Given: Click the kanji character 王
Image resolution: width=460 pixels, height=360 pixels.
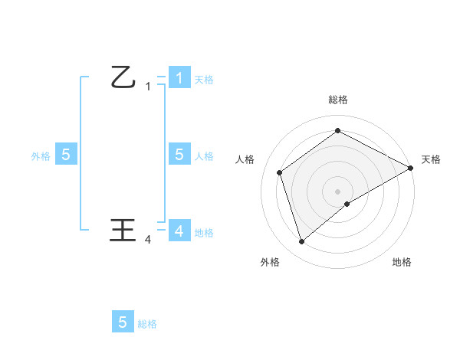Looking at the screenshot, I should click(x=123, y=230).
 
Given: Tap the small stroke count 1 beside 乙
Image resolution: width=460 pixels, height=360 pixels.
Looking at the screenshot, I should click(x=148, y=87).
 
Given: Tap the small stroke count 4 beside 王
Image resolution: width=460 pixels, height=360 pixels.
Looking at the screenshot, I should click(x=148, y=240).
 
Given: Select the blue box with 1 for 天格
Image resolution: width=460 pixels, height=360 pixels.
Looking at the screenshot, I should click(x=179, y=77).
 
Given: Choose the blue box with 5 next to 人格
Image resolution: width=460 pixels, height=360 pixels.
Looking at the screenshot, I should click(x=179, y=154).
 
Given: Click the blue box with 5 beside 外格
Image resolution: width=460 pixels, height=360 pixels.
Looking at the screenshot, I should click(x=66, y=155).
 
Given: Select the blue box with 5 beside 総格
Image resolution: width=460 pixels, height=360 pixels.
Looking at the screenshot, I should click(x=123, y=322).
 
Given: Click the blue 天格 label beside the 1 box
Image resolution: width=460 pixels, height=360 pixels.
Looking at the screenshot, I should click(x=204, y=79).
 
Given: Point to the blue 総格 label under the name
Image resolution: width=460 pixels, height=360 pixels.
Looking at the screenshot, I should click(x=147, y=324).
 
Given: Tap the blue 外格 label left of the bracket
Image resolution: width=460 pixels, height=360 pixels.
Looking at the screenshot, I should click(x=41, y=156).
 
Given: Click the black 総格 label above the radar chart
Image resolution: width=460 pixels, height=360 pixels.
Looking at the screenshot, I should click(x=337, y=100).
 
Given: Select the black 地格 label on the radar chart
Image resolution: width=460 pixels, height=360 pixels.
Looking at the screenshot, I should click(x=402, y=262).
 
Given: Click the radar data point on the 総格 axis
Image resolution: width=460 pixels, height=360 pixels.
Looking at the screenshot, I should click(x=337, y=131).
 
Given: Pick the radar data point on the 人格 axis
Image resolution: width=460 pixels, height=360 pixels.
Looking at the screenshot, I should click(x=280, y=172).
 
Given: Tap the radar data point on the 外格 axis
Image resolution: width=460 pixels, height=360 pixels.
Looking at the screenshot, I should click(x=301, y=242).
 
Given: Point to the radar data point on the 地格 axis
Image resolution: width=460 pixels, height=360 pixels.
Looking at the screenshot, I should click(x=347, y=204).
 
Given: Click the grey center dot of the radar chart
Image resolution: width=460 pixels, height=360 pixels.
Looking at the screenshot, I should click(x=337, y=191).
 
